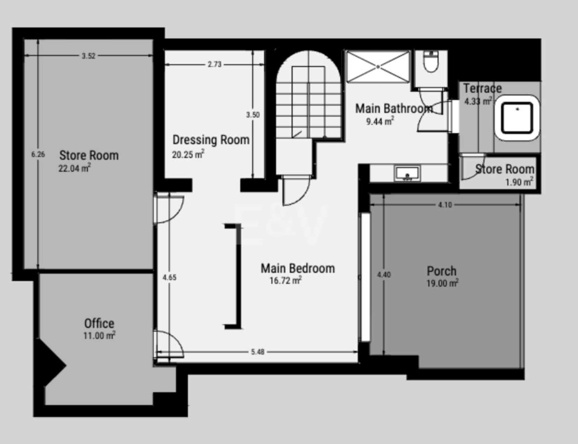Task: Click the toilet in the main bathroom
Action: [431, 62]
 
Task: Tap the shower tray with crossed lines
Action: [378, 67]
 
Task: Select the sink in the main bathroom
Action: [407, 173]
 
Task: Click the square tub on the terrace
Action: [517, 118]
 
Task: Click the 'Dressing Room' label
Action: [211, 140]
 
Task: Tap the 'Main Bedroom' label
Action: [298, 268]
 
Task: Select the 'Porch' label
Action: [442, 271]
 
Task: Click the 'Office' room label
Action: [99, 323]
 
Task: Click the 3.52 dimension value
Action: [88, 55]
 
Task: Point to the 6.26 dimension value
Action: [38, 155]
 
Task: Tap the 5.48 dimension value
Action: [258, 352]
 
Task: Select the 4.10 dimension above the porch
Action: [444, 205]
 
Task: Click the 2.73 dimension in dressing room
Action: [214, 64]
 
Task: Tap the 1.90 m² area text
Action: [519, 182]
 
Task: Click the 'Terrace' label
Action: [482, 88]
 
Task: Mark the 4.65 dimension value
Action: [169, 277]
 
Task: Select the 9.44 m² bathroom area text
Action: [380, 121]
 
